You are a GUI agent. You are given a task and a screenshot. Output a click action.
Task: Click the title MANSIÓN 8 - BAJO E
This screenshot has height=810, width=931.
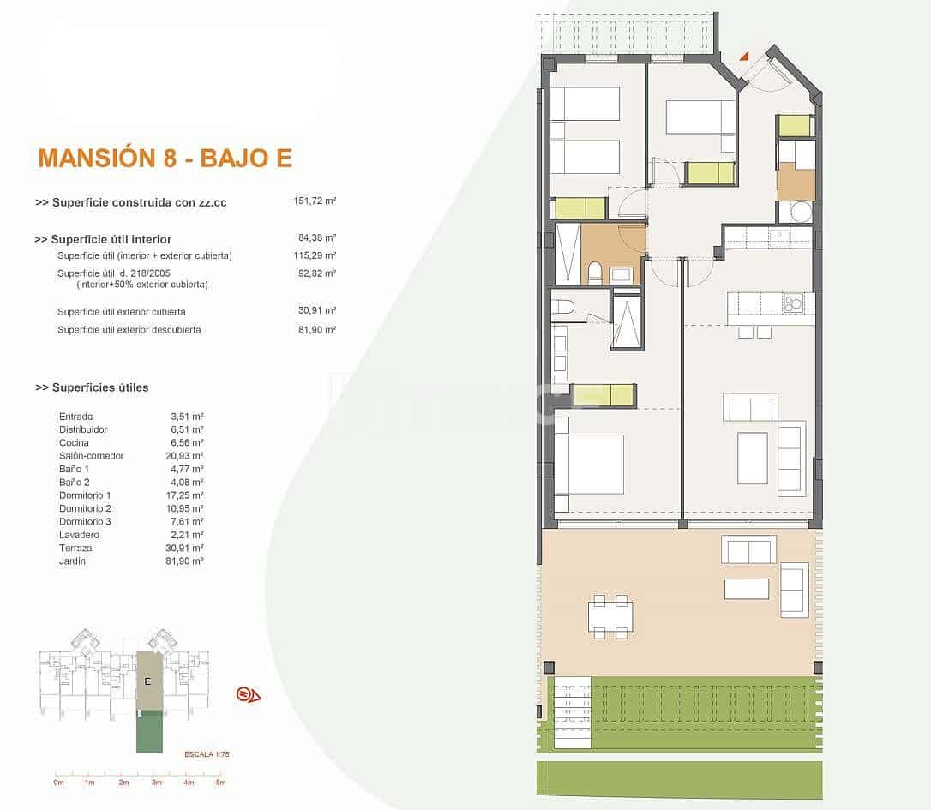pyautogui.click(x=165, y=158)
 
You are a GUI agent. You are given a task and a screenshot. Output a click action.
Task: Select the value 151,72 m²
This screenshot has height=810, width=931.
pyautogui.click(x=315, y=201)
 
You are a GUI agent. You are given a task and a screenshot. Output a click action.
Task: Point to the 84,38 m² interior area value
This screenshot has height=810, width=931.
pyautogui.click(x=317, y=238)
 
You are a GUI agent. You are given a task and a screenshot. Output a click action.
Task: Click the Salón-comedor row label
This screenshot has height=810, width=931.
pyautogui.click(x=91, y=456)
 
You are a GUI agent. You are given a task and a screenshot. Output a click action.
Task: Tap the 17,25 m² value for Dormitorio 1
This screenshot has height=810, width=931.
pyautogui.click(x=185, y=495)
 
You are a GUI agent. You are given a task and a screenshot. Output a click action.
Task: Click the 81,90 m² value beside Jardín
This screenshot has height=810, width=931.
pyautogui.click(x=185, y=561)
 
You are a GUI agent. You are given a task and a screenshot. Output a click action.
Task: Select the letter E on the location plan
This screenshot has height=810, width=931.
pyautogui.click(x=148, y=681)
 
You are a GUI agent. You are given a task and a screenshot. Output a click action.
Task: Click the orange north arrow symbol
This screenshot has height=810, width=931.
pyautogui.click(x=249, y=694)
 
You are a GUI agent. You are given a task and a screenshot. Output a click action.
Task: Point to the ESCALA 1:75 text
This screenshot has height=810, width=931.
pyautogui.click(x=207, y=754)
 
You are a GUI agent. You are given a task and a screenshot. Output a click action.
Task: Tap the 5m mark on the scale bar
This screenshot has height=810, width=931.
pyautogui.click(x=220, y=783)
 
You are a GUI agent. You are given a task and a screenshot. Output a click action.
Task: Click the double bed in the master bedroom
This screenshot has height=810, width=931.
pyautogui.click(x=590, y=464)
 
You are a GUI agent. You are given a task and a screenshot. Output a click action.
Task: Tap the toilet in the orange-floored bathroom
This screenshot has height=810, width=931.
pyautogui.click(x=594, y=273)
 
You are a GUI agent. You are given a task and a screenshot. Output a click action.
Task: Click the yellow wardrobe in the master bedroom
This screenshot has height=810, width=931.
pyautogui.click(x=604, y=394)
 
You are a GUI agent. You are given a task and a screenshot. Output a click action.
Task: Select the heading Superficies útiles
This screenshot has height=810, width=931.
pyautogui.click(x=92, y=387)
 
